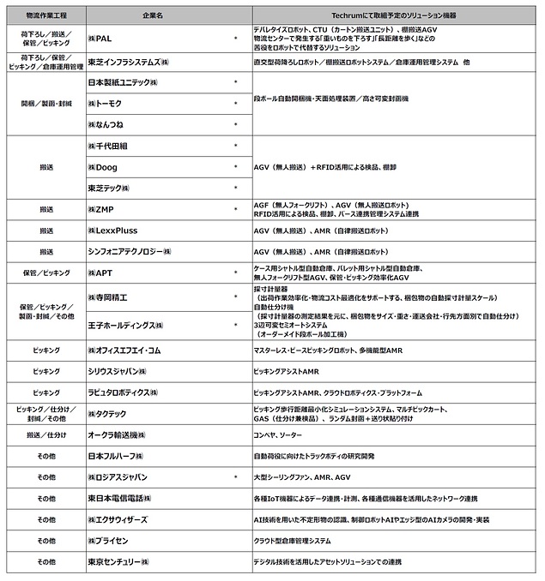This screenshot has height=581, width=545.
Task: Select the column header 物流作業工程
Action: click(x=45, y=16)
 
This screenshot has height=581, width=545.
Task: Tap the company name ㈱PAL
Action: click(x=101, y=39)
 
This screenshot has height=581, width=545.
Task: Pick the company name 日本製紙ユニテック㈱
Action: click(x=124, y=83)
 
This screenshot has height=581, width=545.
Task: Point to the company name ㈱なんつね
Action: click(x=106, y=124)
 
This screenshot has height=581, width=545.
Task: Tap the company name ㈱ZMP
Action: click(x=102, y=209)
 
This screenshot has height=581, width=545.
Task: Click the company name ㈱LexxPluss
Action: click(x=112, y=231)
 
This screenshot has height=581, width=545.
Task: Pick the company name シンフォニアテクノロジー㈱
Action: click(x=130, y=252)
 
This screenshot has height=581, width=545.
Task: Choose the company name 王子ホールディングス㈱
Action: click(x=125, y=326)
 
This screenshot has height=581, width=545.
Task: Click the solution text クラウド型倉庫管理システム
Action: click(x=293, y=541)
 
